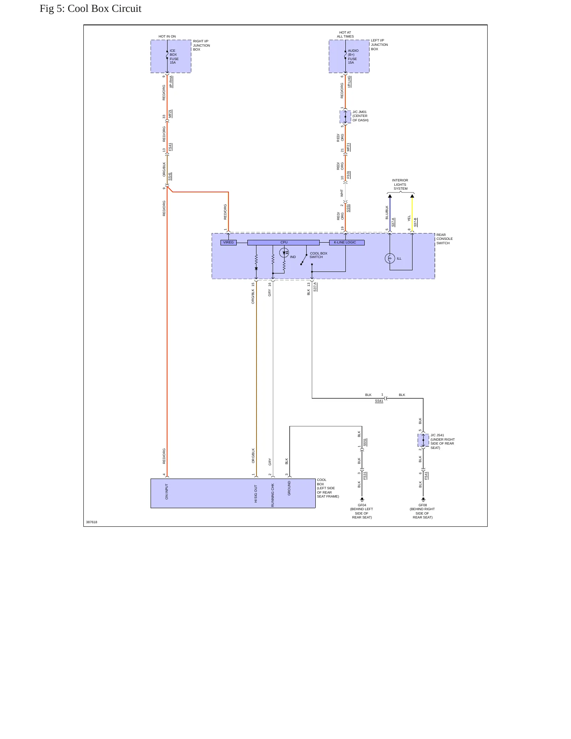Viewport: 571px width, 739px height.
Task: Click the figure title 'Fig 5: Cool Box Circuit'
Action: coord(90,9)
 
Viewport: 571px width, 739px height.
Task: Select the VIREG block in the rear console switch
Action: coord(228,243)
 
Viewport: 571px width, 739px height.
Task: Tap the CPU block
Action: coord(283,243)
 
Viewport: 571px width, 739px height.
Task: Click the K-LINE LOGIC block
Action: coord(347,243)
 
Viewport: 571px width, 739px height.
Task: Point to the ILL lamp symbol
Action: coord(390,258)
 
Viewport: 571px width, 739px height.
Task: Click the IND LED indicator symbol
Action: coord(284,253)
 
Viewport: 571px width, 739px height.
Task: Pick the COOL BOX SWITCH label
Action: coord(318,255)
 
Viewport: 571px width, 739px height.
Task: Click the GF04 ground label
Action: coord(362,505)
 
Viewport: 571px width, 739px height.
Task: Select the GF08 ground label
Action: coord(423,505)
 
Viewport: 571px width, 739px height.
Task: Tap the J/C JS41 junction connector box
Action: coord(423,440)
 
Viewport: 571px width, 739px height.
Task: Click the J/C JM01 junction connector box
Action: coord(345,117)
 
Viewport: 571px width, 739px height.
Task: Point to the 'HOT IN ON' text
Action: coord(167,36)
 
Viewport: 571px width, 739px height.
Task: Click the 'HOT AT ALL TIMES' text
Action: coord(345,34)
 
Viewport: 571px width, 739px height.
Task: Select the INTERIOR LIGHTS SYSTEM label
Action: coord(400,185)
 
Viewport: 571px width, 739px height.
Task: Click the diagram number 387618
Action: coord(92,522)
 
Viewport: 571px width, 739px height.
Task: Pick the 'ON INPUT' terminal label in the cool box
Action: coord(167,492)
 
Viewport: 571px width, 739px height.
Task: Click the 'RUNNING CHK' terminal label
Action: coord(273,495)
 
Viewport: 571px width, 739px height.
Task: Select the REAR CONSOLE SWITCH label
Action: coord(445,239)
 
